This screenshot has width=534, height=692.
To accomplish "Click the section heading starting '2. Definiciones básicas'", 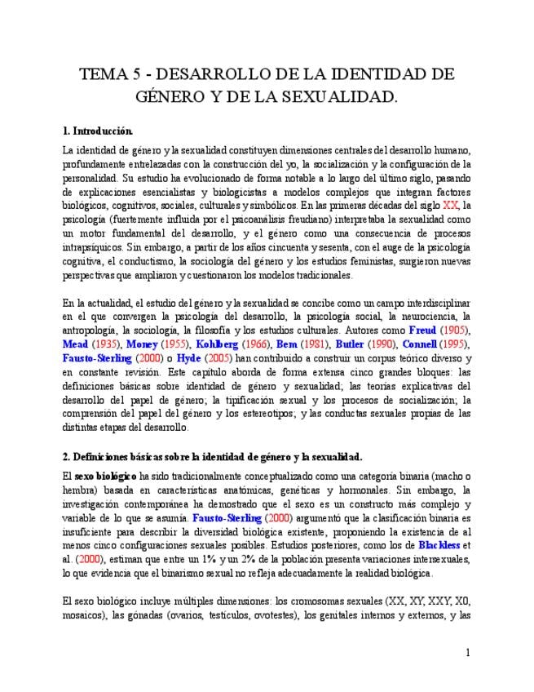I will pos(212,456).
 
